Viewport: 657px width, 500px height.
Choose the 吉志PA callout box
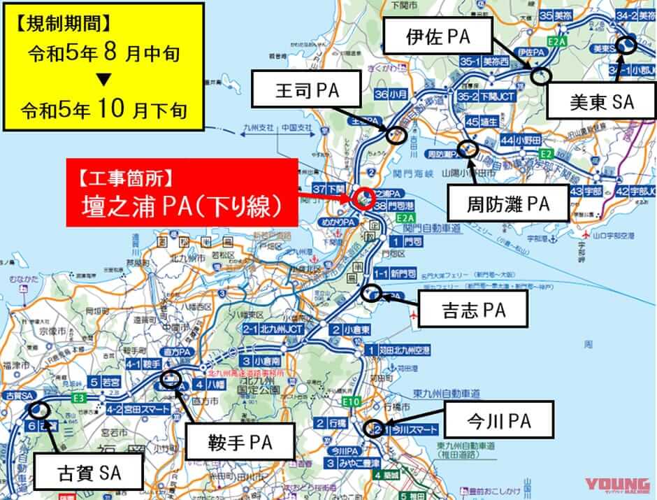(x=473, y=308)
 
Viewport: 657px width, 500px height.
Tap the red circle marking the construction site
(x=363, y=199)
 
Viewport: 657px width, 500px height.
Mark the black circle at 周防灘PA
(x=468, y=149)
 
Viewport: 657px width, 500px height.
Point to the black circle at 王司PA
(x=396, y=134)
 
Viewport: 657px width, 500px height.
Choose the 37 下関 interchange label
(x=328, y=189)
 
